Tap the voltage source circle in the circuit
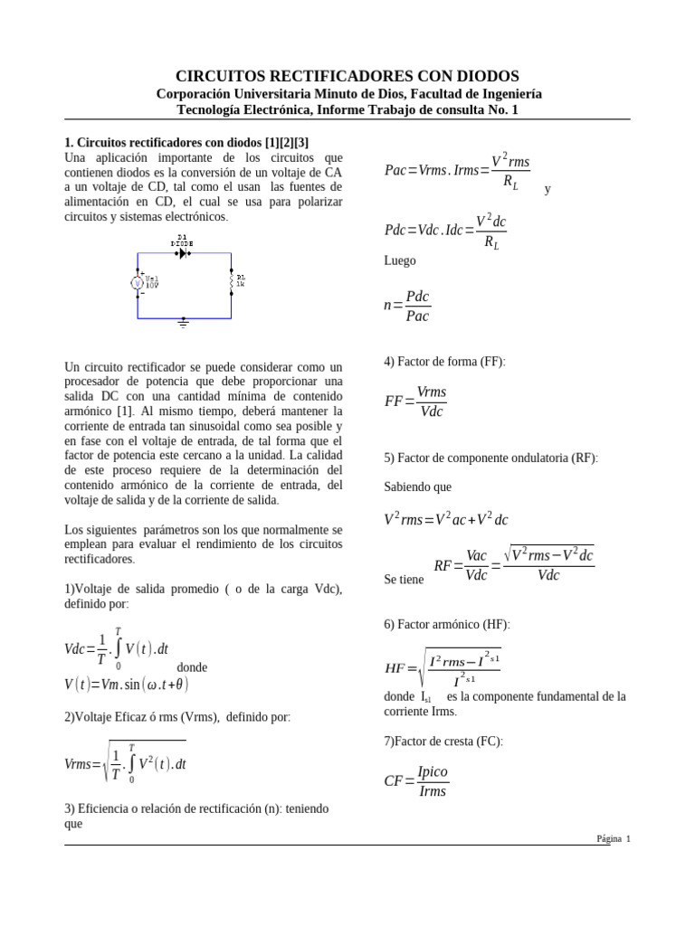point(138,283)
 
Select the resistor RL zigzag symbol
point(232,283)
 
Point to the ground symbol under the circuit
point(184,322)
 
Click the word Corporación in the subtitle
point(197,93)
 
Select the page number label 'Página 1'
point(613,838)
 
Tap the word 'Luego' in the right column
point(400,260)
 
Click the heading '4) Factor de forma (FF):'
point(444,362)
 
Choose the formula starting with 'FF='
point(415,402)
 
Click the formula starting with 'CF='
point(415,782)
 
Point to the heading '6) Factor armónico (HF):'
point(447,624)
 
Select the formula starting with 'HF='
point(443,668)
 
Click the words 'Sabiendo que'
point(417,487)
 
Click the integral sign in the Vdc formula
point(118,648)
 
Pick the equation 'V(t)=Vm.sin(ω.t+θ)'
point(127,685)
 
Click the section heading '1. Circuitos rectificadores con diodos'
point(187,143)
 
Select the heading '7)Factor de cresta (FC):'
point(443,742)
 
